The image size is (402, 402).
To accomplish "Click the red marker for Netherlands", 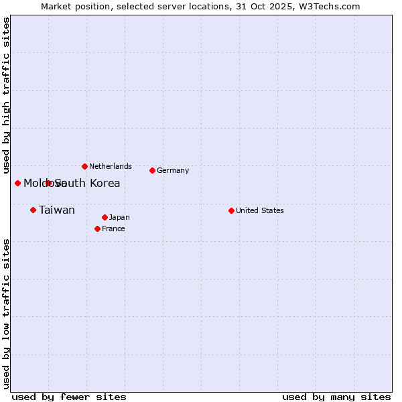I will click(x=84, y=166).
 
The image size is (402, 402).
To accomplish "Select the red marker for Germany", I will click(x=152, y=170).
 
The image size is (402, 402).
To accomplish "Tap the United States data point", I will click(x=231, y=210).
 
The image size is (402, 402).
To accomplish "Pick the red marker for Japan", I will click(x=105, y=217).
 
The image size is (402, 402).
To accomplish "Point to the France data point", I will click(x=97, y=228).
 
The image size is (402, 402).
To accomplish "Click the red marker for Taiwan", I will click(x=33, y=210).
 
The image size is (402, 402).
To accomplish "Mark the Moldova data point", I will click(x=17, y=183).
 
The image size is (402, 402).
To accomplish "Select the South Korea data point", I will click(x=48, y=183).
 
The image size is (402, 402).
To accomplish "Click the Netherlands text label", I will click(x=111, y=166).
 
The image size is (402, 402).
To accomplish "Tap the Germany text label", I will click(x=173, y=170).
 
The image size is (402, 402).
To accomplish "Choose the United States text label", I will click(x=260, y=210).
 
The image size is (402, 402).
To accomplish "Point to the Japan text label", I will click(x=119, y=217).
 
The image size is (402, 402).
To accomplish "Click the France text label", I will click(x=113, y=228).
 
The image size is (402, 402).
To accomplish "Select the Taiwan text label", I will click(x=57, y=210).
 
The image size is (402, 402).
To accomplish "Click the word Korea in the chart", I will click(x=105, y=183).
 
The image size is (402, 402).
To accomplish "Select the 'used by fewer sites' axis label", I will click(x=69, y=397).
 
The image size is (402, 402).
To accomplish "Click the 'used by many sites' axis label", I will click(x=336, y=397).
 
